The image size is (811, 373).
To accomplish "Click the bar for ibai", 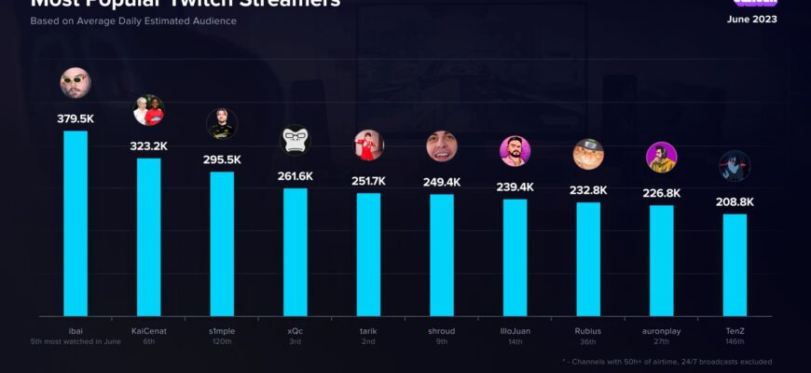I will (75, 224).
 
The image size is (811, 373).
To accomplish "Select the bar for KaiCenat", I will (148, 237).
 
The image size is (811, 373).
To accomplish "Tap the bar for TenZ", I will (735, 265).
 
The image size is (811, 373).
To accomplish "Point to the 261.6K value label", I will (295, 176).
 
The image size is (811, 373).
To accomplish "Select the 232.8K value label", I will (588, 190).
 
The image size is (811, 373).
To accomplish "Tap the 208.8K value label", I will (735, 201).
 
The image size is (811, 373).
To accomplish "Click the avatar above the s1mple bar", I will (221, 124).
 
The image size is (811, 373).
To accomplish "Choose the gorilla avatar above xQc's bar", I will (295, 141).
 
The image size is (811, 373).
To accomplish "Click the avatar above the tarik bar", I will (368, 145).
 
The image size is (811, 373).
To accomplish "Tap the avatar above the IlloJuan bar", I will (515, 151).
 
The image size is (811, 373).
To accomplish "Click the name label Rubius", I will (588, 330).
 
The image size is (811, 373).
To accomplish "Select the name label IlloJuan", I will (515, 330).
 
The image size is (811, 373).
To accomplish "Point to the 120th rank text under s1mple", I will (221, 341).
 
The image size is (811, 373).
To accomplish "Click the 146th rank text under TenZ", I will (735, 341).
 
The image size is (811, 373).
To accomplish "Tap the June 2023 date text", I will (751, 20).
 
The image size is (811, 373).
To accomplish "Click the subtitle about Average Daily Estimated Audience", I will (132, 21).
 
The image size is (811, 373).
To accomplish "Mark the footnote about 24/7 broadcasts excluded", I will (667, 361).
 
